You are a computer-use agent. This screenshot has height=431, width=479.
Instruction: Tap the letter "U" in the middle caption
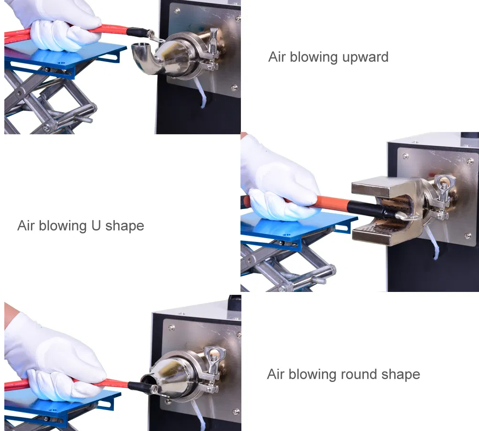coord(96,225)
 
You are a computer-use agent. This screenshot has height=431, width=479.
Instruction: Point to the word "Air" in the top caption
coord(277,57)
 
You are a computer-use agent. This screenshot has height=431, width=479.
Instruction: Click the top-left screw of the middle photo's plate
coord(405,156)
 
